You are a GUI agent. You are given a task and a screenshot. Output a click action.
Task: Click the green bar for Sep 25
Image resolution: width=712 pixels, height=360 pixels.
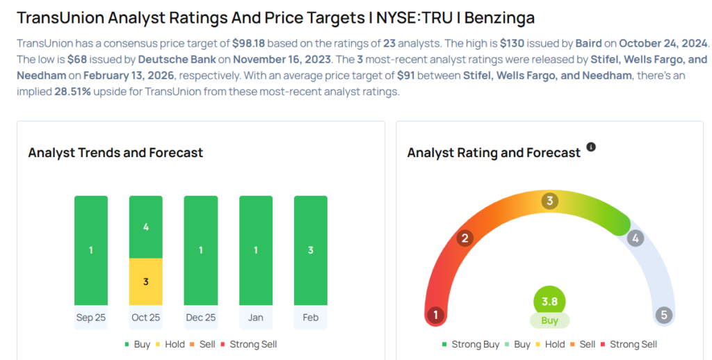(91, 250)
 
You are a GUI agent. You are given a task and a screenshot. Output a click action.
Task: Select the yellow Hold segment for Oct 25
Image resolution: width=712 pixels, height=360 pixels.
(146, 281)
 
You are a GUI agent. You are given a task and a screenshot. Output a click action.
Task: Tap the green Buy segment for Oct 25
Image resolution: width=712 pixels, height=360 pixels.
(146, 227)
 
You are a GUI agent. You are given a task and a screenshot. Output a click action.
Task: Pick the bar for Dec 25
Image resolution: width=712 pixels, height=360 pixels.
(201, 250)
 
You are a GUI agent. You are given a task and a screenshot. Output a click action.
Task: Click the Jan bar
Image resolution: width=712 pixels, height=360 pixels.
(256, 250)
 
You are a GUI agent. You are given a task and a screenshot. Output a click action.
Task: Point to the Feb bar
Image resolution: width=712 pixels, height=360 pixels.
(311, 250)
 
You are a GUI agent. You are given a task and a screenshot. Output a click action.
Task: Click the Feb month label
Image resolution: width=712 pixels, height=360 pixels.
(311, 318)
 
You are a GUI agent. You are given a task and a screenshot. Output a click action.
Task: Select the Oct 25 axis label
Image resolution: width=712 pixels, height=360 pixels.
(146, 318)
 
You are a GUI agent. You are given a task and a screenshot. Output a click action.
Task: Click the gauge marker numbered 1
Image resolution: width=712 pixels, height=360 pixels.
(436, 316)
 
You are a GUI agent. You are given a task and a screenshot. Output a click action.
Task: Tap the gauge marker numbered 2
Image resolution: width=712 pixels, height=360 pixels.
(464, 238)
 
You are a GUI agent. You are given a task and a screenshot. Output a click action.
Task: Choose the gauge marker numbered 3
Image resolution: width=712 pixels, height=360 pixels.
(549, 201)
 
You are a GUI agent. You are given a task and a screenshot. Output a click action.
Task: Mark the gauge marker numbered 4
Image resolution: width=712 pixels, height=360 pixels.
(635, 238)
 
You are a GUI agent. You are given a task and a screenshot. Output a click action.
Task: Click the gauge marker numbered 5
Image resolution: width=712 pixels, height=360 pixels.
(663, 316)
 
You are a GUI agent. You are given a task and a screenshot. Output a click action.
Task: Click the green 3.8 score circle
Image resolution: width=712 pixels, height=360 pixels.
(549, 302)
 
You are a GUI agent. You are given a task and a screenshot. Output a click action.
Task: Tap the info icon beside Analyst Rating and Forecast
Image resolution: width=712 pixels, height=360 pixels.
(591, 147)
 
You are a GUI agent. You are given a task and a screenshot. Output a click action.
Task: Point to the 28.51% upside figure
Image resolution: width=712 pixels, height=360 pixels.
(72, 92)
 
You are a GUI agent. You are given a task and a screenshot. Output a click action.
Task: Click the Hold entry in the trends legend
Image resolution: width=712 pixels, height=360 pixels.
(174, 344)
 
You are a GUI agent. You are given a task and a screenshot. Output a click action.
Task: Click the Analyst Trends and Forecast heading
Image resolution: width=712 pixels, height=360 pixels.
(115, 152)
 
